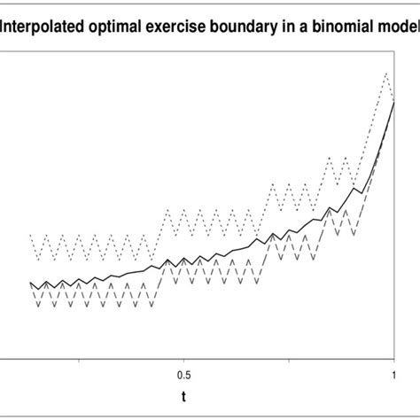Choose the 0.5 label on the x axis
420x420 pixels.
[x=184, y=374]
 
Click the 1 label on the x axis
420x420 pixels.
[x=393, y=374]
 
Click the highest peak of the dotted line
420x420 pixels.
[x=386, y=73]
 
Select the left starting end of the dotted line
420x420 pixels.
[x=30, y=236]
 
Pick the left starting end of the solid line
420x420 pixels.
[x=30, y=283]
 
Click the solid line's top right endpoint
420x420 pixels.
[x=393, y=102]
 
